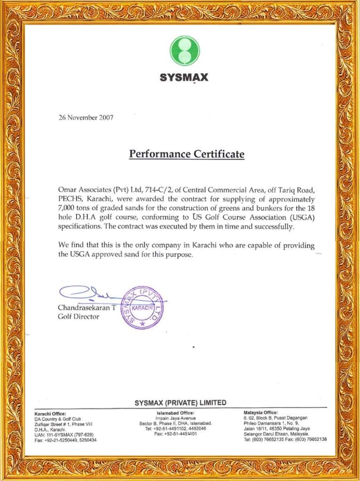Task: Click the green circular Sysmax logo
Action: pyautogui.click(x=184, y=51)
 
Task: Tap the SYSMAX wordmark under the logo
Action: pyautogui.click(x=184, y=78)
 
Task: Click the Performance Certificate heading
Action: pyautogui.click(x=187, y=154)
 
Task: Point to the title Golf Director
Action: pyautogui.click(x=78, y=317)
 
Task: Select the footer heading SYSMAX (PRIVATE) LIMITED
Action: pyautogui.click(x=180, y=403)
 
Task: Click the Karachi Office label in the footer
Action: pyautogui.click(x=50, y=413)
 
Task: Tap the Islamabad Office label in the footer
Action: pyautogui.click(x=175, y=413)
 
